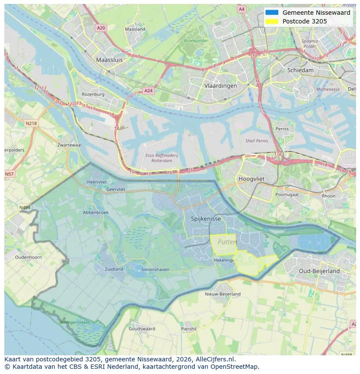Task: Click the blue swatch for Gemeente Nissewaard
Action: [x=272, y=13]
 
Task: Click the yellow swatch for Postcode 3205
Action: [x=272, y=21]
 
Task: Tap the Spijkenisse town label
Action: [x=206, y=219]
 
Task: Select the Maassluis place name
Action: [x=109, y=60]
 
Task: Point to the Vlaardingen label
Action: [x=220, y=86]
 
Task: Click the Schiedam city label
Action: [x=300, y=70]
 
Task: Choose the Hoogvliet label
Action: [x=251, y=179]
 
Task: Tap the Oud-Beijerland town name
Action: [x=319, y=271]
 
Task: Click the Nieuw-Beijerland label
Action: [x=223, y=294]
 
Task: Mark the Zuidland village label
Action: [x=114, y=269]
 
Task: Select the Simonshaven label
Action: [x=155, y=270]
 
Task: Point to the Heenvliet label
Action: [x=97, y=182]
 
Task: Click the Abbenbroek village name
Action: [x=96, y=212]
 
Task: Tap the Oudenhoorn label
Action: [x=28, y=257]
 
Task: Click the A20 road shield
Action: [x=101, y=28]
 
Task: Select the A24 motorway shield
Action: [x=148, y=91]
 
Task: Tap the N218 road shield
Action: [x=31, y=123]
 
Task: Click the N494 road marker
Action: [x=25, y=208]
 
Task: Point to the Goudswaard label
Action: [x=142, y=329]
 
